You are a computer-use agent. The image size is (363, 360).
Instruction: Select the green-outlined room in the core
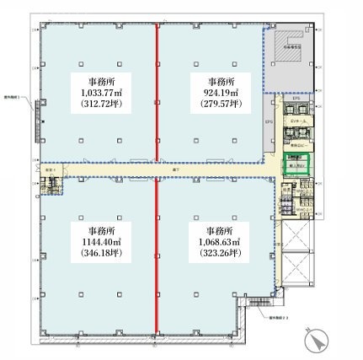pos(297,164)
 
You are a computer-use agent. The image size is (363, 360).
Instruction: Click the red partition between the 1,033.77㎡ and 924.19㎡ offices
pos(158,93)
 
